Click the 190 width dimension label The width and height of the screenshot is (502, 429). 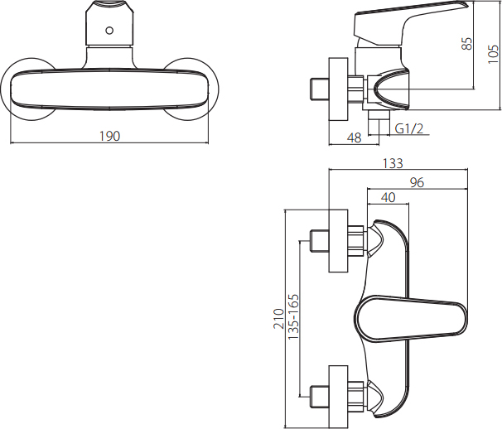[110, 136]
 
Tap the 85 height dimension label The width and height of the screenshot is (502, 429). [467, 44]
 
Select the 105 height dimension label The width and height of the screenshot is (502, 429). [494, 54]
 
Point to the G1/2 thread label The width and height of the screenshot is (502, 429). [409, 128]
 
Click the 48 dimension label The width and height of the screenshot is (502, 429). [354, 138]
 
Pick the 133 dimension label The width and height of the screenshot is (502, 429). [393, 163]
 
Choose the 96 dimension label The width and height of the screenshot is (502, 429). [417, 182]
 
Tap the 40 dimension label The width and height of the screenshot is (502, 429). [388, 197]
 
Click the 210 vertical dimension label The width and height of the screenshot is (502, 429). [279, 319]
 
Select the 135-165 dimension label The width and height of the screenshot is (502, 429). [293, 317]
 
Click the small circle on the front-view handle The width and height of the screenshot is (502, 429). [109, 31]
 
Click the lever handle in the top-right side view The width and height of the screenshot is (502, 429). [410, 22]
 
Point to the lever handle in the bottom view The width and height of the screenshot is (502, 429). [412, 319]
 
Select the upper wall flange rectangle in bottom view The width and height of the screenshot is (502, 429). [339, 241]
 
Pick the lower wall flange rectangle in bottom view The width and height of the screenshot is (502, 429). [339, 397]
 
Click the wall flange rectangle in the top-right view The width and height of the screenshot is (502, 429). [339, 89]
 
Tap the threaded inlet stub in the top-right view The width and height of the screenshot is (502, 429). [320, 89]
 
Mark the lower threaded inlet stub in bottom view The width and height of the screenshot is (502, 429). [320, 397]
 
